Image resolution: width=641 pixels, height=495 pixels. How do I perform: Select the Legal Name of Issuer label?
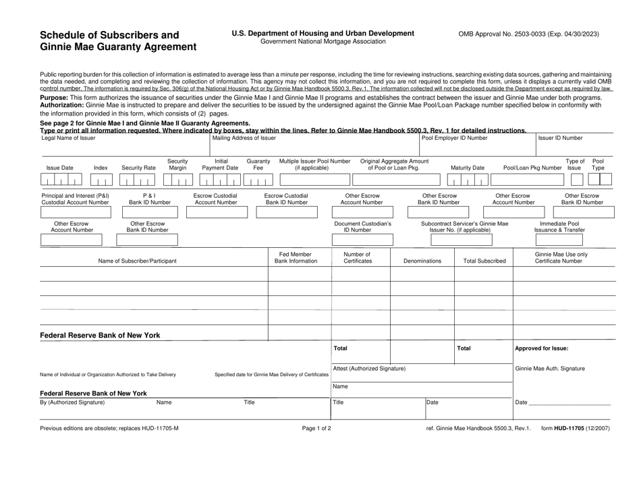click(x=68, y=138)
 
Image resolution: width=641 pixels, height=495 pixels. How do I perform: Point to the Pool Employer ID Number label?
click(x=453, y=138)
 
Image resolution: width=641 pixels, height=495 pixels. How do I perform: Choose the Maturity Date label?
click(x=467, y=168)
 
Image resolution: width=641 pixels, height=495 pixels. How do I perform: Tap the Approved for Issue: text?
click(x=541, y=348)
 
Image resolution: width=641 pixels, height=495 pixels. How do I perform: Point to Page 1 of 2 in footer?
click(x=317, y=428)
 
